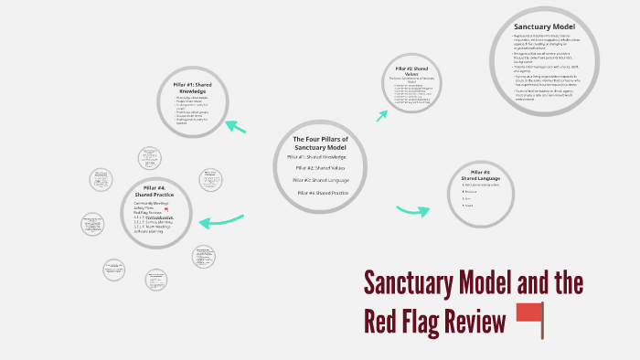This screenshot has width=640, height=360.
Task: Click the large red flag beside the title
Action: point(529,317)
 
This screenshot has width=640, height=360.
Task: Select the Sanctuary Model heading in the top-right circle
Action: point(544,27)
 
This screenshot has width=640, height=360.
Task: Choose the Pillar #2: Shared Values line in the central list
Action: point(320,168)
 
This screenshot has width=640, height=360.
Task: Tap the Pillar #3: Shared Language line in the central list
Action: point(321,180)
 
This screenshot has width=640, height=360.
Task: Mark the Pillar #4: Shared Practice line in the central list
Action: point(323,193)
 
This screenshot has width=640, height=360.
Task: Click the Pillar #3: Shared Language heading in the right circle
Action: point(479,175)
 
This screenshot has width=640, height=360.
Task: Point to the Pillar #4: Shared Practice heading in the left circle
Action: point(152,192)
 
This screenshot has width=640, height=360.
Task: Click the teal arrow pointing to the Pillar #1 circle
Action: point(236,126)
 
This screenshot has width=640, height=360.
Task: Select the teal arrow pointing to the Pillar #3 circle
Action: point(412,211)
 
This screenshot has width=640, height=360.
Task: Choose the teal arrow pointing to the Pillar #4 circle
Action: point(220,221)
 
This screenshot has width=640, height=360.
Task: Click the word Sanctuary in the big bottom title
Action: point(416,283)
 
